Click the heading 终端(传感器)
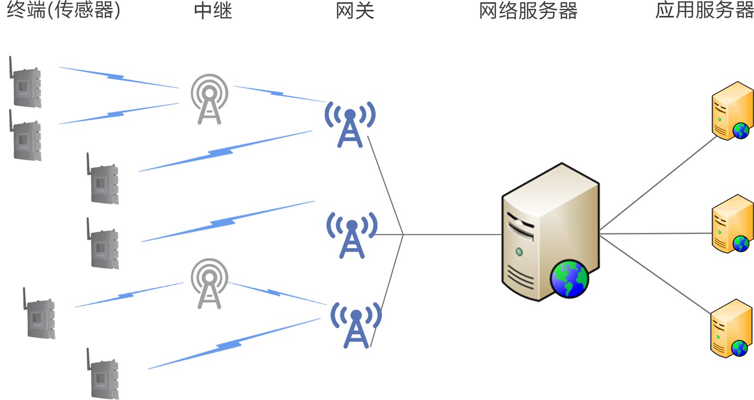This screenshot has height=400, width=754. pyautogui.click(x=64, y=11)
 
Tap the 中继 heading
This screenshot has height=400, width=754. pyautogui.click(x=213, y=11)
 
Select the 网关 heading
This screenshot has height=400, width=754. pyautogui.click(x=355, y=11)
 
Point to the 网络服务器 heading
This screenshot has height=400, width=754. pyautogui.click(x=528, y=11)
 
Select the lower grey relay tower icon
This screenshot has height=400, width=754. pyautogui.click(x=209, y=283)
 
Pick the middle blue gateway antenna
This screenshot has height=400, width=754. pyautogui.click(x=352, y=235)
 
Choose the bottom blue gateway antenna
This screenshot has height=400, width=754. pyautogui.click(x=355, y=325)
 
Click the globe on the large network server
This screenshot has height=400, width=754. pyautogui.click(x=569, y=278)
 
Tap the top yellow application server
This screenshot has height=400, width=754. pyautogui.click(x=731, y=111)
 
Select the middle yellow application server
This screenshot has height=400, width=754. pyautogui.click(x=731, y=224)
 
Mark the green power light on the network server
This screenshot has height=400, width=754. pyautogui.click(x=519, y=251)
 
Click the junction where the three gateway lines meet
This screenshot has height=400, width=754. pyautogui.click(x=403, y=235)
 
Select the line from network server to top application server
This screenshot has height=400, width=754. pyautogui.click(x=657, y=183)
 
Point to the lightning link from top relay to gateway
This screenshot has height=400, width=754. pyautogui.click(x=277, y=94)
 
